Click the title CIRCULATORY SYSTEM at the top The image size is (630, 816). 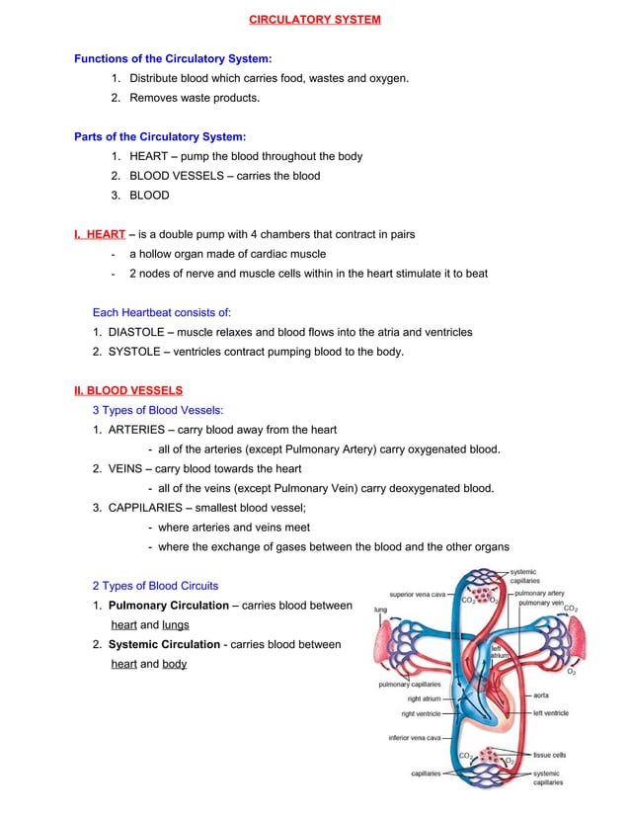(314, 20)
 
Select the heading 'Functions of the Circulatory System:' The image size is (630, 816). (173, 59)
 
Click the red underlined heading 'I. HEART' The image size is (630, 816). (100, 234)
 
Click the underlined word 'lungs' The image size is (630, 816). (176, 624)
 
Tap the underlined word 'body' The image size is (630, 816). (175, 664)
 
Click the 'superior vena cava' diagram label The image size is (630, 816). (419, 596)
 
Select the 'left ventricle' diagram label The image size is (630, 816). (550, 712)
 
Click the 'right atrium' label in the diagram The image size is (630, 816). (425, 698)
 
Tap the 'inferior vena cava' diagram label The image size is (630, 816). (414, 737)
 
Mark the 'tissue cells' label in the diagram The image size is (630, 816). (549, 755)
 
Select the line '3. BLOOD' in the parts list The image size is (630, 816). (140, 195)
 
